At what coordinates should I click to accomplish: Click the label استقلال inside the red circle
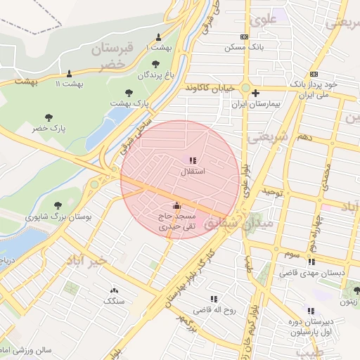193,172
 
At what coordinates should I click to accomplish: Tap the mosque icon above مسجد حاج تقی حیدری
176,206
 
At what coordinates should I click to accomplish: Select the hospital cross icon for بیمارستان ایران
255,93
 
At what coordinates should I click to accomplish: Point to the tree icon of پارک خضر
49,118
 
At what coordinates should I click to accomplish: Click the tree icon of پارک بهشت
128,93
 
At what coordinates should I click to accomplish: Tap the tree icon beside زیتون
356,290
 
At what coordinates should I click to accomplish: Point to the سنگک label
113,301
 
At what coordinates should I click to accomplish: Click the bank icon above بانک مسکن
244,37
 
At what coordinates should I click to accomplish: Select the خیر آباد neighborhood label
87,261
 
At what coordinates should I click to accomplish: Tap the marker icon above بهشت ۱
158,37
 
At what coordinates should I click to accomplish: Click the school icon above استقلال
193,161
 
